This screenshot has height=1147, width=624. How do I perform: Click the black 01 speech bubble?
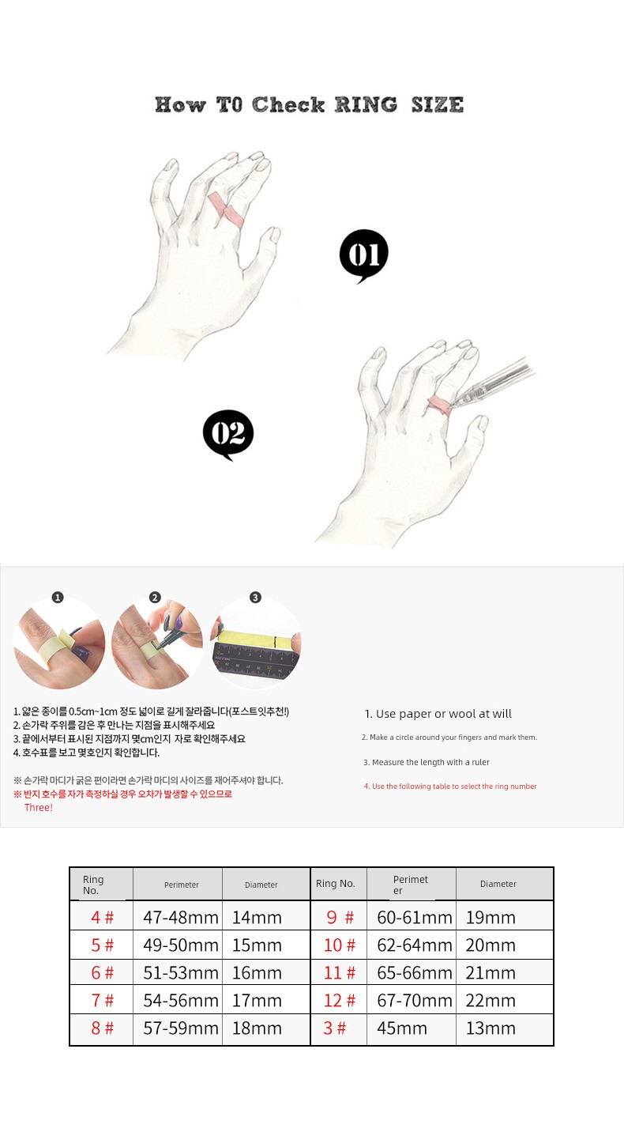(x=363, y=255)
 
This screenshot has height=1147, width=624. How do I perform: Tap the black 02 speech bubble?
(x=228, y=434)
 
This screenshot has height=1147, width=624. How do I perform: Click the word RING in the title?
(x=366, y=105)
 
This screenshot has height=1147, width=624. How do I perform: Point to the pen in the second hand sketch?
(x=492, y=382)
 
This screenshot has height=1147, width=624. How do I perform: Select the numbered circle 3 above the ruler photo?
(x=255, y=597)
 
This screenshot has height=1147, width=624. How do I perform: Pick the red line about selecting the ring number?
(x=450, y=786)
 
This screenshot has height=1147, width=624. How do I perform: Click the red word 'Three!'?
(x=39, y=808)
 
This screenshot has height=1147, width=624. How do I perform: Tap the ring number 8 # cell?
(x=102, y=1028)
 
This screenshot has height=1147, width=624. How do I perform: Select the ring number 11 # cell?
(x=339, y=972)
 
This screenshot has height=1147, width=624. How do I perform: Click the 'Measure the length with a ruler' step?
(x=426, y=762)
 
